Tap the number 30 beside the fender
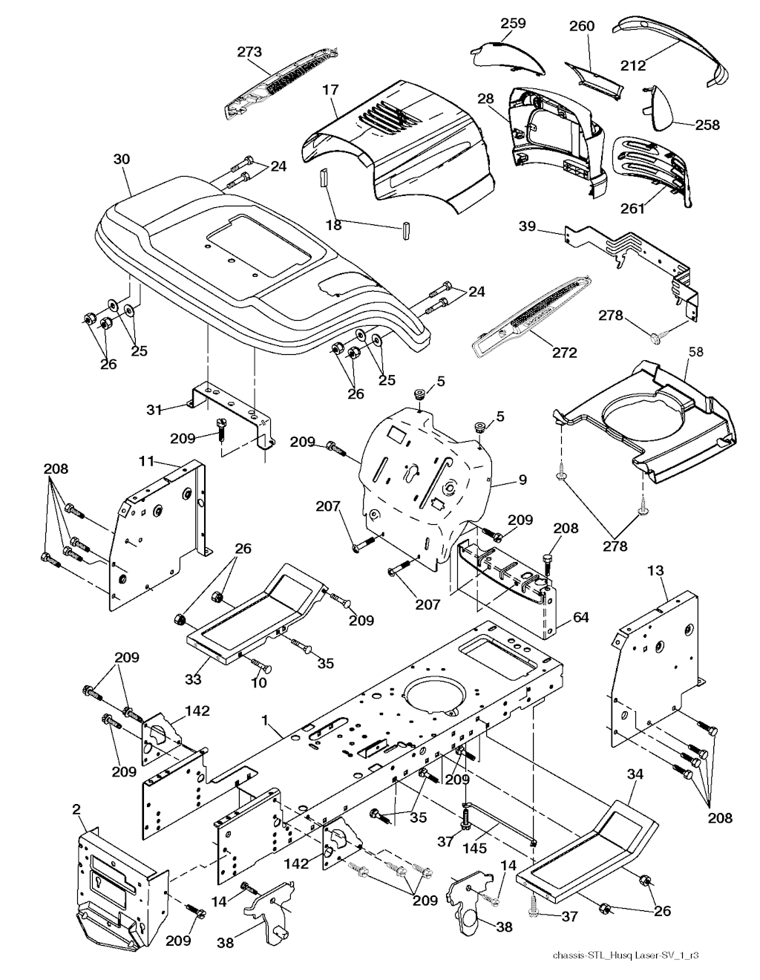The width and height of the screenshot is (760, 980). [121, 158]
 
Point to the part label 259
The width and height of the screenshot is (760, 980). [512, 23]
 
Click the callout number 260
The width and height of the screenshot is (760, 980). [582, 26]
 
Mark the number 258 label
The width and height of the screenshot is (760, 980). [707, 125]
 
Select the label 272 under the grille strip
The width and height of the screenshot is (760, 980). [564, 353]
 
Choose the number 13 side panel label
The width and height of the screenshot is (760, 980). [655, 571]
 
